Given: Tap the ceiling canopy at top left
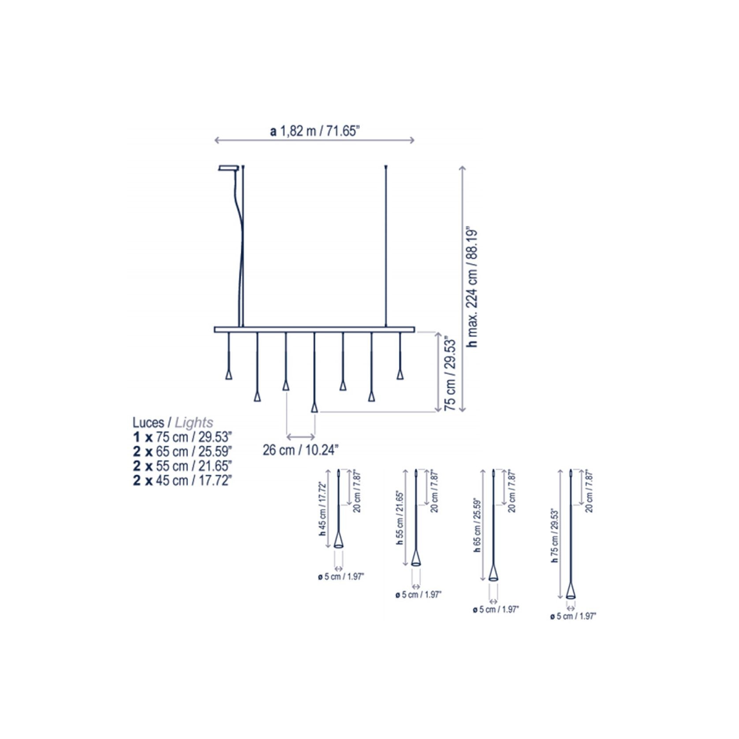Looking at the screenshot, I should click(x=228, y=168).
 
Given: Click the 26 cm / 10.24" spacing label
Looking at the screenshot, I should click(x=301, y=450).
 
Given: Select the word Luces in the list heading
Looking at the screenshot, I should click(x=148, y=422).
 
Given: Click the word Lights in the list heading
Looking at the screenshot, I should click(x=194, y=422).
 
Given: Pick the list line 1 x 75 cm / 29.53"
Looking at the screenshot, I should click(x=182, y=437).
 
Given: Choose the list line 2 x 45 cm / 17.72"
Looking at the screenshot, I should click(x=182, y=480).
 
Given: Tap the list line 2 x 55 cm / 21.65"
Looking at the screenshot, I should click(x=182, y=466).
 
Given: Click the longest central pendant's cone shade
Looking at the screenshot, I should click(x=314, y=407).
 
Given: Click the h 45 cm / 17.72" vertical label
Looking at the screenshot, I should click(x=322, y=509).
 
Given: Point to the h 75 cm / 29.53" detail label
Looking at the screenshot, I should click(x=555, y=535).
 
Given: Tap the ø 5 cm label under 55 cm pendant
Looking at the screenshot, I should click(x=418, y=595).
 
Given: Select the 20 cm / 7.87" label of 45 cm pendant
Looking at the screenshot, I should click(x=357, y=491).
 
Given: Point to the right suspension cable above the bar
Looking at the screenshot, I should click(x=386, y=247).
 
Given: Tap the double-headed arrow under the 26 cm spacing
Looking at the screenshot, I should click(x=301, y=437).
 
